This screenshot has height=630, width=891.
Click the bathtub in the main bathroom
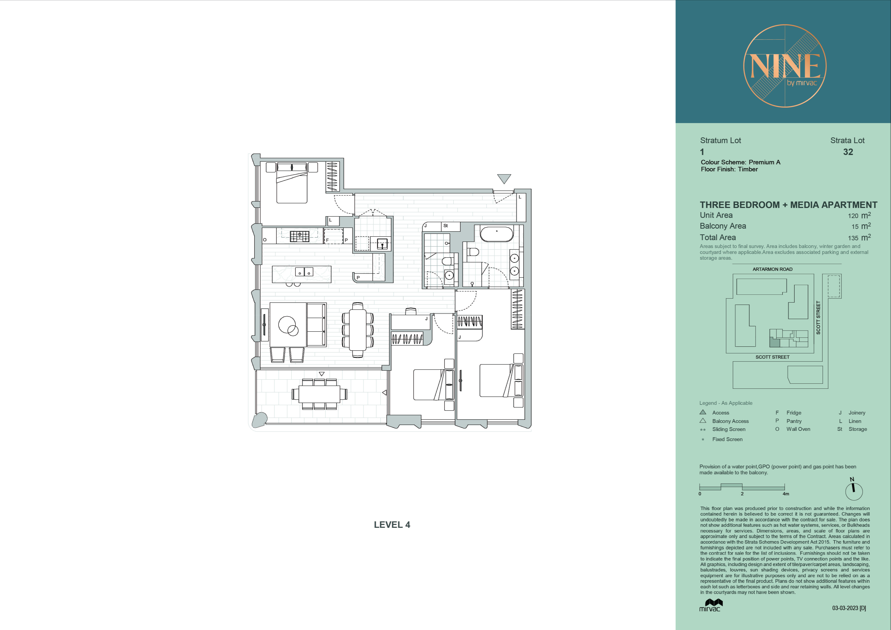[497, 234]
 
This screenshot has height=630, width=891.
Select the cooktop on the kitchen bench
[300, 236]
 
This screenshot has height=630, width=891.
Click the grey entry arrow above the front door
[504, 179]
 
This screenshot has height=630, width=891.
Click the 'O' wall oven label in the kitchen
[265, 240]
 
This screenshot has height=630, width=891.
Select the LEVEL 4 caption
[392, 525]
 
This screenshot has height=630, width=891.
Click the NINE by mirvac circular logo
[785, 66]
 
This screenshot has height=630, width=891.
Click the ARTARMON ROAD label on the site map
[772, 269]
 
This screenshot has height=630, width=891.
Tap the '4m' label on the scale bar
[786, 494]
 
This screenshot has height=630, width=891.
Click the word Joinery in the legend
[857, 413]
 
